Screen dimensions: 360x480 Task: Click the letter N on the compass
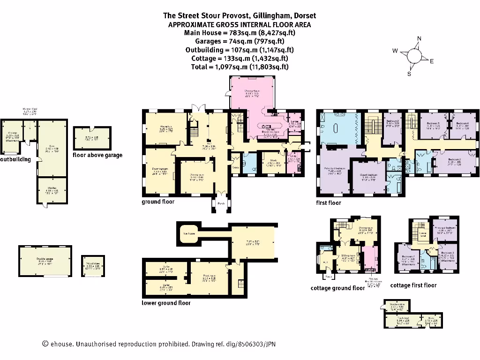pyautogui.click(x=419, y=39)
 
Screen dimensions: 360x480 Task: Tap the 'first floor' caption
pyautogui.click(x=329, y=203)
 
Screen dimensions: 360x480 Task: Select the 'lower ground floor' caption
pyautogui.click(x=166, y=303)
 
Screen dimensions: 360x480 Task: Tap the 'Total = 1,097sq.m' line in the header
pyautogui.click(x=240, y=67)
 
